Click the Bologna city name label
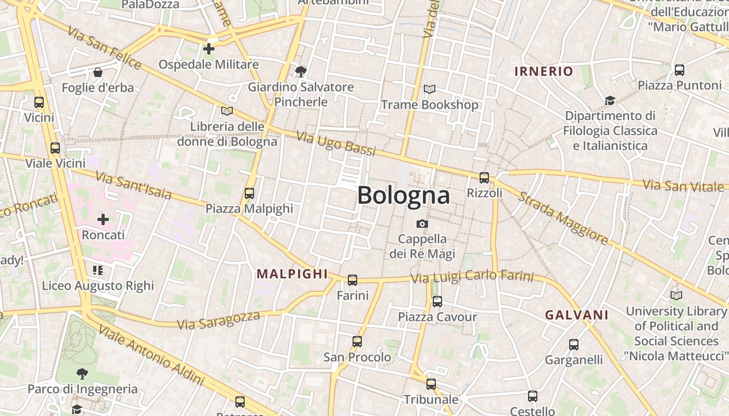click(x=404, y=196)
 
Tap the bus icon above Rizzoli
click(x=484, y=178)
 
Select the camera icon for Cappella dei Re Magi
click(x=422, y=224)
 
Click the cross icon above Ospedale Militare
click(x=209, y=49)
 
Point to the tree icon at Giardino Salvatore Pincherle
click(x=300, y=72)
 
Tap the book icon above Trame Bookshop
click(x=430, y=89)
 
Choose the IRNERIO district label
click(x=544, y=72)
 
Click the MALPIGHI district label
click(x=292, y=274)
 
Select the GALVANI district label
click(x=576, y=315)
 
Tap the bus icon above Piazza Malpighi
click(x=249, y=193)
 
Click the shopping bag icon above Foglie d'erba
click(x=97, y=72)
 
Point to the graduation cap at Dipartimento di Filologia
click(x=610, y=100)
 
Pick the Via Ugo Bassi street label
click(x=336, y=144)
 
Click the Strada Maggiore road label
click(x=563, y=219)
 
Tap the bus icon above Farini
click(x=353, y=280)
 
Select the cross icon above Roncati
click(x=103, y=219)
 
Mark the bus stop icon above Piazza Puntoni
click(x=679, y=70)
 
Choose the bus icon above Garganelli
click(x=574, y=344)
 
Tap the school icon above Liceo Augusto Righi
click(x=98, y=270)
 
